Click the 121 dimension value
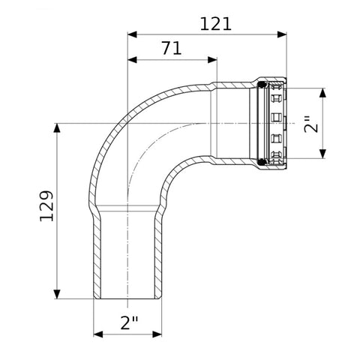coord(216,24)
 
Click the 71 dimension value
coord(172,48)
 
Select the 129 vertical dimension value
coord(46,206)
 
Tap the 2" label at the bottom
coord(129,322)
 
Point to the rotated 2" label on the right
coord(311,124)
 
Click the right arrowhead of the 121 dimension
coord(282,34)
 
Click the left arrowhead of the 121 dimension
coord(132,34)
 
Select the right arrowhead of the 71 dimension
coord(212,60)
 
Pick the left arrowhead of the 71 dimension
coord(132,60)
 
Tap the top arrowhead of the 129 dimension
coord(57,127)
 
